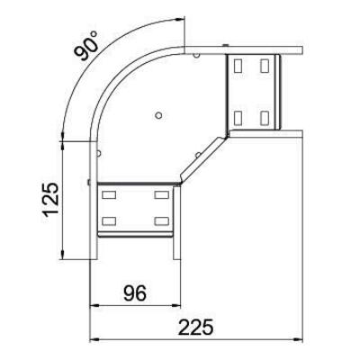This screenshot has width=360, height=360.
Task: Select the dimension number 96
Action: (133, 293)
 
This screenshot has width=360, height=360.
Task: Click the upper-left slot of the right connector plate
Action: (238, 65)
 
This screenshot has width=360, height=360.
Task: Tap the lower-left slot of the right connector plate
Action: (238, 116)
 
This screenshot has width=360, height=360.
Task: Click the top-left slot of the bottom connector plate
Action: (108, 193)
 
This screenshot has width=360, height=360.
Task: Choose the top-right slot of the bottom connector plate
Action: (162, 193)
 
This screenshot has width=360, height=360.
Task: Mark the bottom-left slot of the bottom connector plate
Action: (108, 220)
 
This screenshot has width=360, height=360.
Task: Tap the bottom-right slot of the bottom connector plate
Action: (162, 220)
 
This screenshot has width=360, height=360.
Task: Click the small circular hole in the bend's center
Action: (158, 115)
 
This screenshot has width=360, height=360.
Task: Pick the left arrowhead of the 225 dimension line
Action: (94, 340)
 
